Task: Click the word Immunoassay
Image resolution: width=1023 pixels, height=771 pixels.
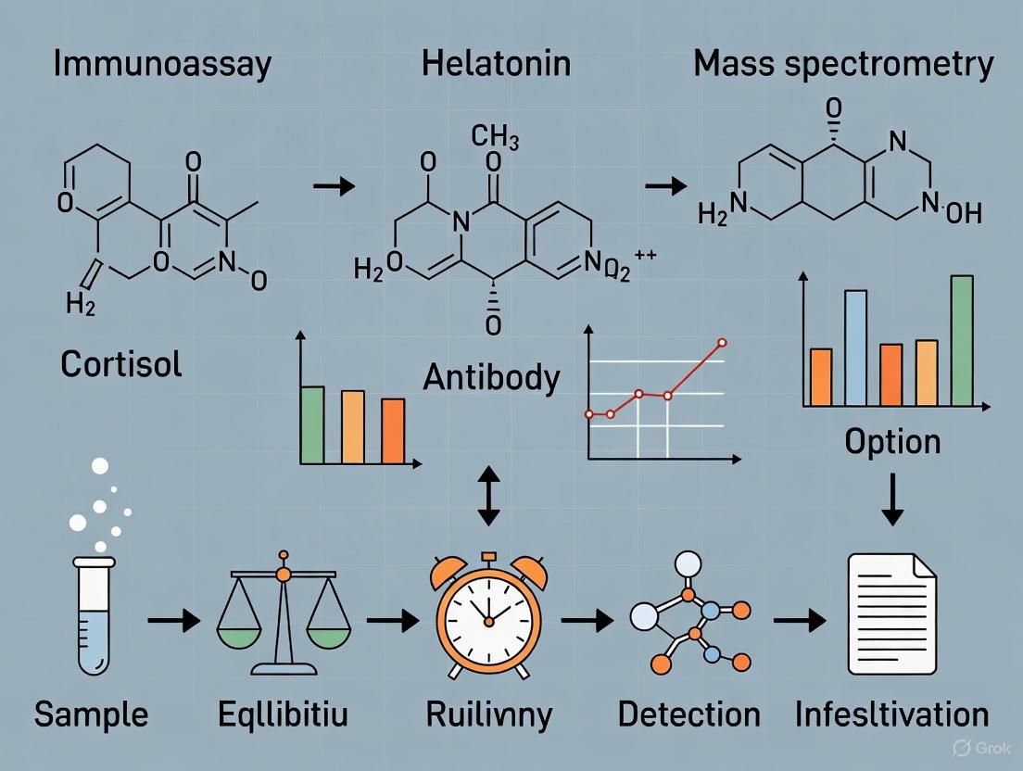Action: click(x=161, y=64)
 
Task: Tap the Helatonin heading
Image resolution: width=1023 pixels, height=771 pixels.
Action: click(x=496, y=64)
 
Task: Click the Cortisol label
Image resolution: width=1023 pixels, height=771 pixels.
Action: click(x=121, y=364)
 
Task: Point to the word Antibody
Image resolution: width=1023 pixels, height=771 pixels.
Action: click(x=492, y=378)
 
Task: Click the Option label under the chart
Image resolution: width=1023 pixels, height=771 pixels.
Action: click(x=892, y=441)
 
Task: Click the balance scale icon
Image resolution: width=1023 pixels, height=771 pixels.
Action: click(x=284, y=617)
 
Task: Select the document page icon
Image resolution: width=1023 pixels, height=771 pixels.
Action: click(x=891, y=613)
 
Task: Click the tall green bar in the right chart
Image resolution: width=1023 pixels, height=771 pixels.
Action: click(x=962, y=341)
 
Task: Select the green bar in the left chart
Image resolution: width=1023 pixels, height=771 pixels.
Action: click(x=312, y=424)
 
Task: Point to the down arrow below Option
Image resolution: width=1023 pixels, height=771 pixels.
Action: click(x=891, y=501)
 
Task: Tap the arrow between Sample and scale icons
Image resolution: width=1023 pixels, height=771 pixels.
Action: click(x=173, y=619)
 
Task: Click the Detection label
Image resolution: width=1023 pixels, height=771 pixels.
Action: click(x=688, y=714)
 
